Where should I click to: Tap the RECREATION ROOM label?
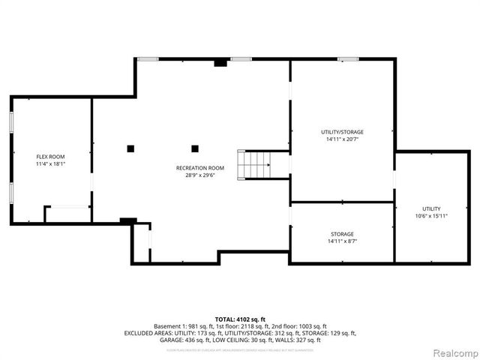tap(200, 168)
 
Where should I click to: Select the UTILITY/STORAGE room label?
tap(342, 132)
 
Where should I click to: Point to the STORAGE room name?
tap(342, 235)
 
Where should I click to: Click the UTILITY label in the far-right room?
tap(431, 208)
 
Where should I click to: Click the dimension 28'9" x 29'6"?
tap(200, 175)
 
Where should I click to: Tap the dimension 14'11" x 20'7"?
tap(342, 139)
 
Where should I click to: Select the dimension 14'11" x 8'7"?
tap(342, 241)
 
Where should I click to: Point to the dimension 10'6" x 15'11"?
tap(431, 216)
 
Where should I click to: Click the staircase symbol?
tap(253, 164)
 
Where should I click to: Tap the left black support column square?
tap(130, 148)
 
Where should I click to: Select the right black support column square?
tap(195, 148)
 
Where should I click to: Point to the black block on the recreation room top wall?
tap(220, 63)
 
